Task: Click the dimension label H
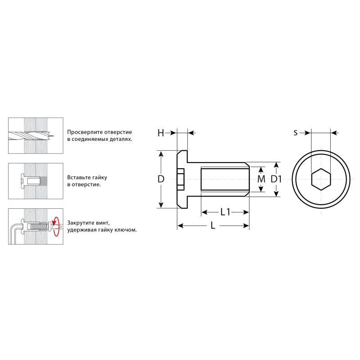pyautogui.click(x=161, y=133)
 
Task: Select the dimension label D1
pyautogui.click(x=276, y=179)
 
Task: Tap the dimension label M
pyautogui.click(x=261, y=179)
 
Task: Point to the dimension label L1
pyautogui.click(x=225, y=212)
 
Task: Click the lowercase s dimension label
pyautogui.click(x=296, y=133)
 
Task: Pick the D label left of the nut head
pyautogui.click(x=161, y=179)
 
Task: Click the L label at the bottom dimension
pyautogui.click(x=213, y=226)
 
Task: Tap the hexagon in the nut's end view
pyautogui.click(x=321, y=179)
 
